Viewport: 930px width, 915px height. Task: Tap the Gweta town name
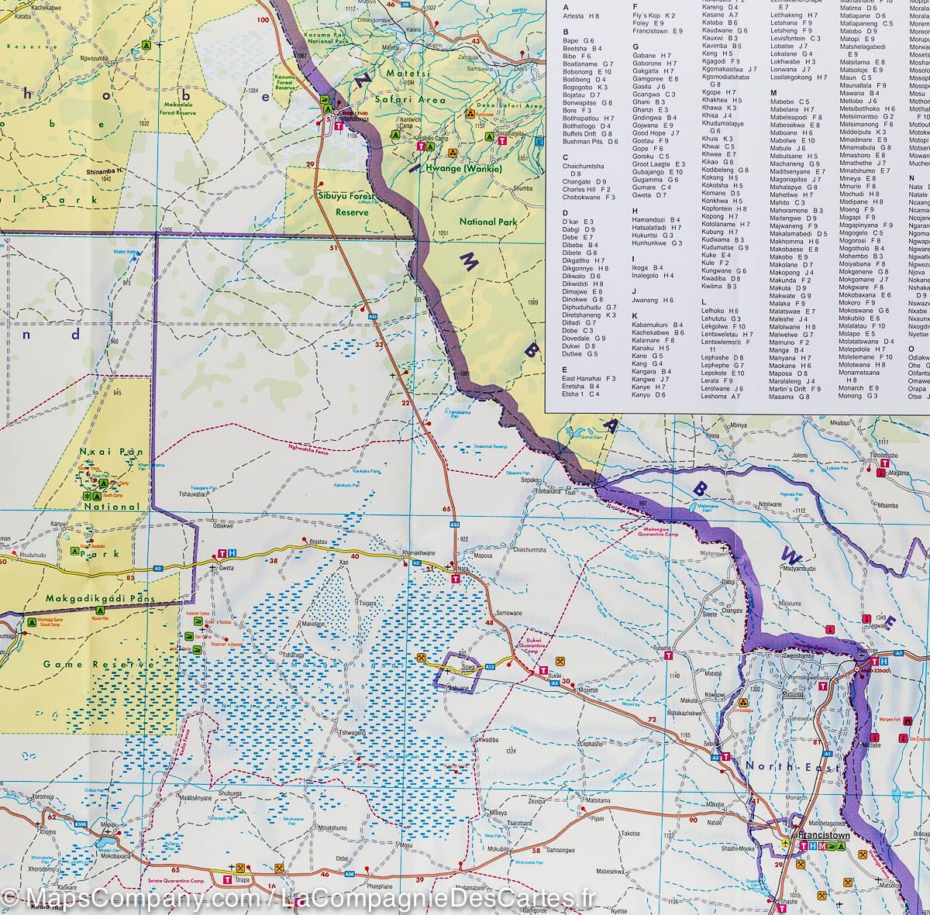tap(226, 568)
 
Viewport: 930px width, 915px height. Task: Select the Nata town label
tap(465, 569)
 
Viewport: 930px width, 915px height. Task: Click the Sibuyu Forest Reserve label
tap(342, 203)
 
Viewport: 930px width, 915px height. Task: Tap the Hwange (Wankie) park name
tap(463, 169)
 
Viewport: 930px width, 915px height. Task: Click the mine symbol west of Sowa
tap(421, 659)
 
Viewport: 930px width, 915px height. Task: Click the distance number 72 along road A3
tap(652, 721)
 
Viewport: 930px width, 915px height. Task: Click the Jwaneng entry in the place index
tap(652, 300)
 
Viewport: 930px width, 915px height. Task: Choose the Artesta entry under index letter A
tap(580, 15)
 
